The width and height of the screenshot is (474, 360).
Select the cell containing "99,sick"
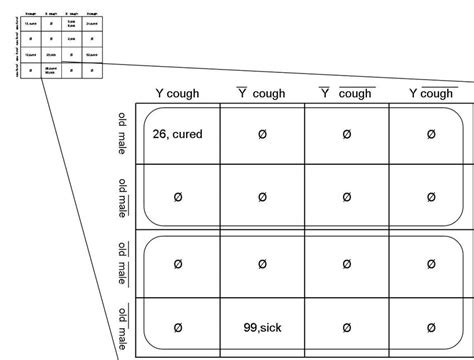click(262, 328)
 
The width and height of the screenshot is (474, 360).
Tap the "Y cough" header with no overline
click(177, 94)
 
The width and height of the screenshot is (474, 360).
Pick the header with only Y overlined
click(262, 94)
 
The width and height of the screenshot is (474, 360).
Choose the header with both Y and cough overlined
click(346, 94)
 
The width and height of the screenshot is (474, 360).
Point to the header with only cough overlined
click(431, 94)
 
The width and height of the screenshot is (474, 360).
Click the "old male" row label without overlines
click(121, 134)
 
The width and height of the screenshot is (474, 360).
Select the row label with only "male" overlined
click(121, 198)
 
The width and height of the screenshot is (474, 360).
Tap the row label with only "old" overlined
click(121, 263)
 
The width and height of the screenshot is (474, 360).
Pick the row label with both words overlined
click(121, 327)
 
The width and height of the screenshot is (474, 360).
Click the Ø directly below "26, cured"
click(177, 199)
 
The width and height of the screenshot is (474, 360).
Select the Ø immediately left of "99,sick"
click(177, 328)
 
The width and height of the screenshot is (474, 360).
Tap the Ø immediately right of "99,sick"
click(346, 328)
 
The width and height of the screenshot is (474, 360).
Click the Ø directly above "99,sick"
click(262, 264)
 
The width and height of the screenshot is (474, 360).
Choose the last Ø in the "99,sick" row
click(431, 328)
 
